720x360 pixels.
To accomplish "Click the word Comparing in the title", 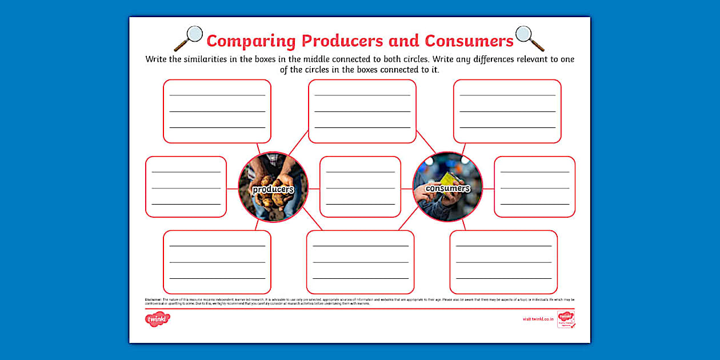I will pyautogui.click(x=251, y=41).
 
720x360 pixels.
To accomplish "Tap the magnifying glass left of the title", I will pyautogui.click(x=189, y=38).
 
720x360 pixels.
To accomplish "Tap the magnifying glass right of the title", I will pyautogui.click(x=529, y=38).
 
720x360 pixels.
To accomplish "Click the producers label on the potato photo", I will pyautogui.click(x=273, y=189).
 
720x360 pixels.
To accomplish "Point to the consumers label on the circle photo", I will pyautogui.click(x=447, y=188).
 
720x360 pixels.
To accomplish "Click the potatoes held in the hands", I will pyautogui.click(x=273, y=203).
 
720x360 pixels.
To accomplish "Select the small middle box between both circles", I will pyautogui.click(x=360, y=187).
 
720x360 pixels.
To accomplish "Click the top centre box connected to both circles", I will pyautogui.click(x=362, y=111).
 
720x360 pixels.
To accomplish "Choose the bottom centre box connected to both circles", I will pyautogui.click(x=360, y=262).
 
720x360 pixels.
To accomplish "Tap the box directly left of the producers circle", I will pyautogui.click(x=186, y=187).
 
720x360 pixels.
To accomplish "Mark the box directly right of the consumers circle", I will pyautogui.click(x=534, y=187).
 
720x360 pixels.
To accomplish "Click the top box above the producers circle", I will pyautogui.click(x=217, y=111).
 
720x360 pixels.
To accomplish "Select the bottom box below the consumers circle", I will pyautogui.click(x=503, y=262).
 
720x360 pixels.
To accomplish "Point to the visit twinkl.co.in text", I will pyautogui.click(x=538, y=319).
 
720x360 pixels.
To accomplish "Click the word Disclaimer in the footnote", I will pyautogui.click(x=153, y=299).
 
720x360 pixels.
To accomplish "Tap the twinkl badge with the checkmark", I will pyautogui.click(x=566, y=319).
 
